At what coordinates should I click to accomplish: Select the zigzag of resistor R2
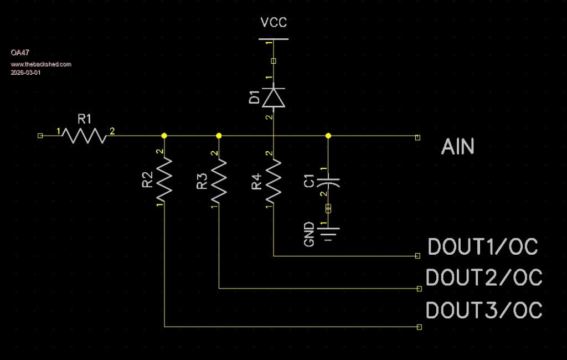[x=164, y=180]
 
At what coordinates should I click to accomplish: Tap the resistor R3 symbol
[x=219, y=180]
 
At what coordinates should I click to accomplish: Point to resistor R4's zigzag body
[x=274, y=180]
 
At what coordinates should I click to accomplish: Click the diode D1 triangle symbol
[x=274, y=97]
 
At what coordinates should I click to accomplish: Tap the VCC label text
[x=274, y=23]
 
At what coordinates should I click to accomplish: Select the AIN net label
[x=458, y=147]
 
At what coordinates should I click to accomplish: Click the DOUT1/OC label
[x=483, y=247]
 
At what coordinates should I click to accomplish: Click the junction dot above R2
[x=164, y=136]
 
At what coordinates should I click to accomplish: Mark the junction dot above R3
[x=219, y=136]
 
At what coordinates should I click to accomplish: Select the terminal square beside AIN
[x=417, y=136]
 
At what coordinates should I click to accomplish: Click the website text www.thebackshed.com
[x=41, y=64]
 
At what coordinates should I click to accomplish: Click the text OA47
[x=20, y=52]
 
